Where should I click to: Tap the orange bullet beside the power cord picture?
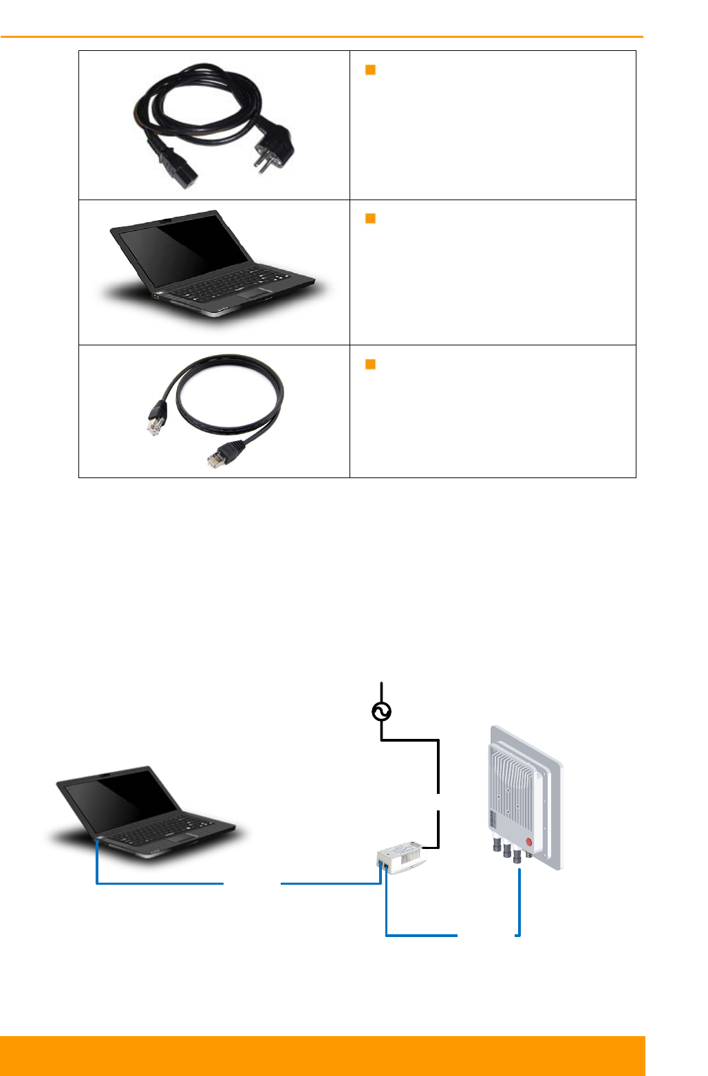point(370,69)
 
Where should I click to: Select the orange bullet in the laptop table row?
point(370,219)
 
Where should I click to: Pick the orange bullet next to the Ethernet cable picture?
point(370,365)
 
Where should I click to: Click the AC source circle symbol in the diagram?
point(382,712)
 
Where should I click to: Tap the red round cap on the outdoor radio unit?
point(529,841)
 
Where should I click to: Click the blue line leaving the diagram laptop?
point(158,883)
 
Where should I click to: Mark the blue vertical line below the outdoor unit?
point(519,901)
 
